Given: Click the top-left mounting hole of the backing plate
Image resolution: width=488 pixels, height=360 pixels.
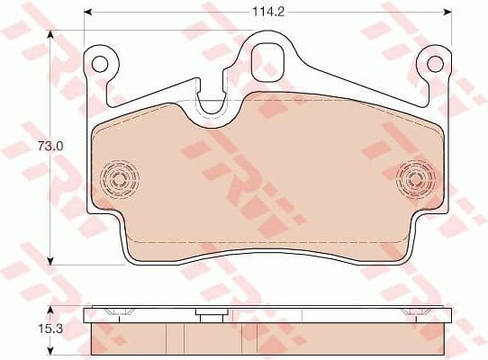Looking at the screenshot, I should point(100,63).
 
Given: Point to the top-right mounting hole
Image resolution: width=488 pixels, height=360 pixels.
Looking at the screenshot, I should point(436,63).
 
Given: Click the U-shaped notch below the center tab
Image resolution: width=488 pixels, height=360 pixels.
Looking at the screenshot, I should point(211,105).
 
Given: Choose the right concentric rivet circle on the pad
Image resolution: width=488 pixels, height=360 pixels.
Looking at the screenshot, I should point(416,176).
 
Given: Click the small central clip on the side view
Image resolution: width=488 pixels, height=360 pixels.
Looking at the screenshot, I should point(210,315).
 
